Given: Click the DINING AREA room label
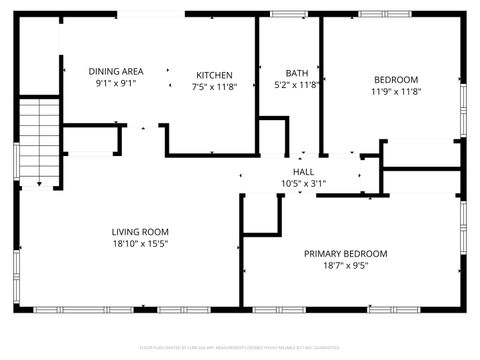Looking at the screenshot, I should (116, 71).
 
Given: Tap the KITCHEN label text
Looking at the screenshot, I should (214, 75).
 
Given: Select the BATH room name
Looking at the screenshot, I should (297, 73).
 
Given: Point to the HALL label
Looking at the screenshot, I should (303, 172).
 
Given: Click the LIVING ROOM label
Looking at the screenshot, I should (139, 232).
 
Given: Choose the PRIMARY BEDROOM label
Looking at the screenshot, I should (345, 254).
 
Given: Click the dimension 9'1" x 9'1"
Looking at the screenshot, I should (116, 84).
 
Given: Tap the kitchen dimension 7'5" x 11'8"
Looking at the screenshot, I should (214, 87).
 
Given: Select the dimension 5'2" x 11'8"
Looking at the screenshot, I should (297, 85).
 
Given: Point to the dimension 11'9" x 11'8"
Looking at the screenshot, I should (396, 91).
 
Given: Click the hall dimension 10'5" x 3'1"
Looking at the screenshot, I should (303, 183).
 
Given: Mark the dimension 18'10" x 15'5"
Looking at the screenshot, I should (139, 243).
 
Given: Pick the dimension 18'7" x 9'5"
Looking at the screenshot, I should (345, 266).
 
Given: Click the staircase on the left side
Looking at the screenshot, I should (40, 140).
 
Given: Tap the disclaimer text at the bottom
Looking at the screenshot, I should (240, 349).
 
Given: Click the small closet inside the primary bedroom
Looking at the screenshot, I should (262, 213).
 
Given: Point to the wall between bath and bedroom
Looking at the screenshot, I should (320, 85).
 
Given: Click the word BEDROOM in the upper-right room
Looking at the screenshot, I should (396, 79).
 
